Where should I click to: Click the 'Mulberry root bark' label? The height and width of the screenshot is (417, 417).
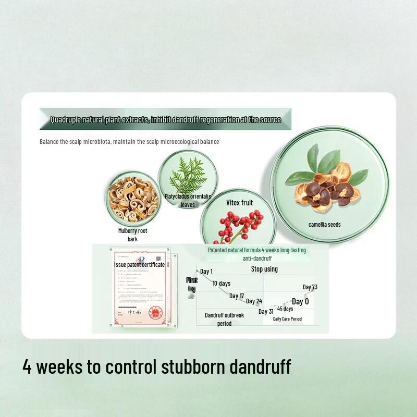[132, 235]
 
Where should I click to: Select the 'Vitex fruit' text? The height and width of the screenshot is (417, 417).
[239, 202]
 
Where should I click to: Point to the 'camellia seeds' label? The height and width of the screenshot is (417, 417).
[324, 225]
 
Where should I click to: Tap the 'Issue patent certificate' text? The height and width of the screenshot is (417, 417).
[139, 264]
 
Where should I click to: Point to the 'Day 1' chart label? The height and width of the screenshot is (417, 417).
[206, 271]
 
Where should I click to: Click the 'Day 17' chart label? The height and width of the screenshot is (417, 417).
[237, 296]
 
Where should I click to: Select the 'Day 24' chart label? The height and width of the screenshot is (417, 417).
[254, 301]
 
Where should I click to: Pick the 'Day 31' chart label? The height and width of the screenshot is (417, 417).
[266, 312]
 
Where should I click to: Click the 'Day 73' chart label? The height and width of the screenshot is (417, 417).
[310, 287]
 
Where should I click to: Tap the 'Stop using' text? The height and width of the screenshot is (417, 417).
[264, 269]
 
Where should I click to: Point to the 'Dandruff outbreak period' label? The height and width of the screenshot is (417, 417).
[224, 319]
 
